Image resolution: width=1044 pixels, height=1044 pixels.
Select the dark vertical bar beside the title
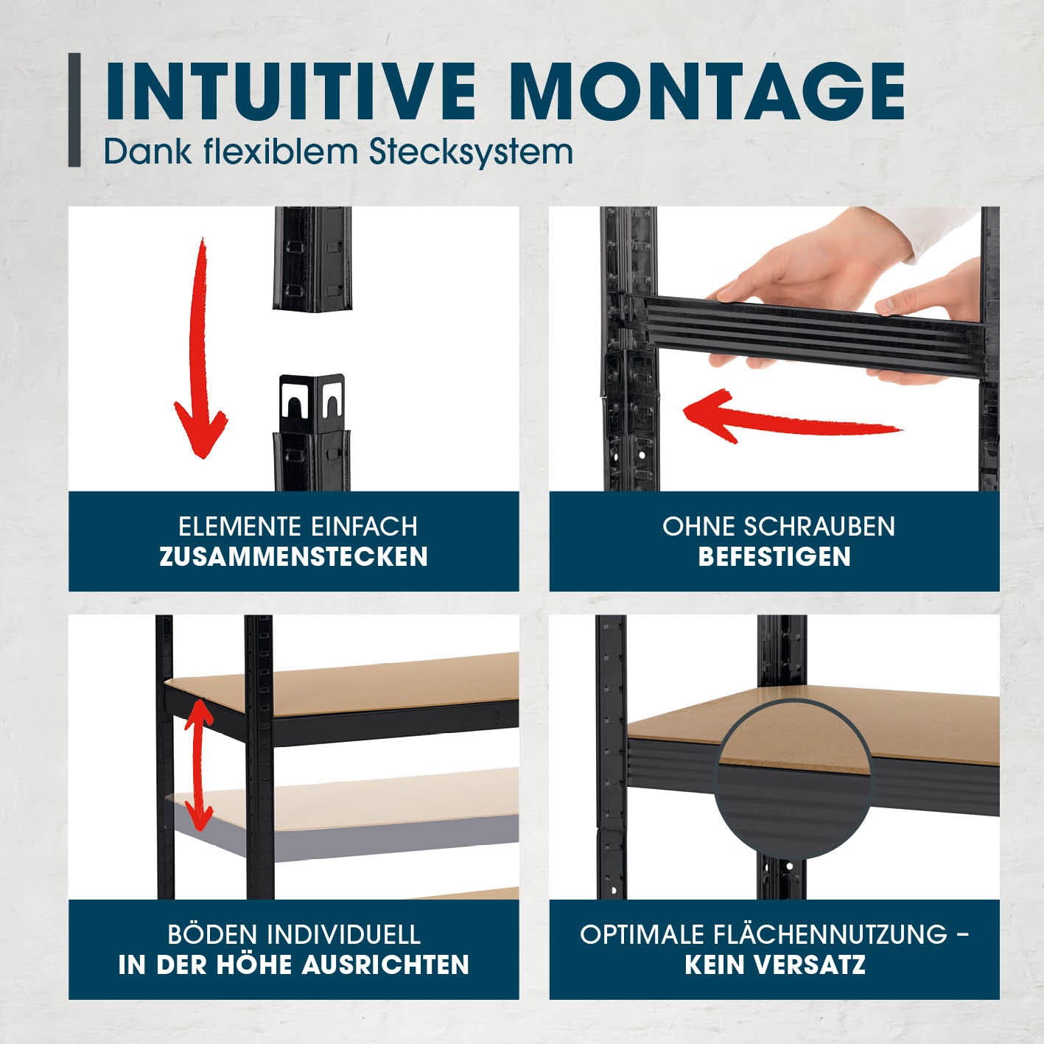(74, 110)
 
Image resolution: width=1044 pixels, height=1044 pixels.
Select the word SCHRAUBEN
(820, 527)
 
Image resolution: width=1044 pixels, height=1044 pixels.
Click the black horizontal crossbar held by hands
(802, 331)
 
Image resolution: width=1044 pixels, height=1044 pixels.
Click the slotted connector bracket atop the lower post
(312, 403)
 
